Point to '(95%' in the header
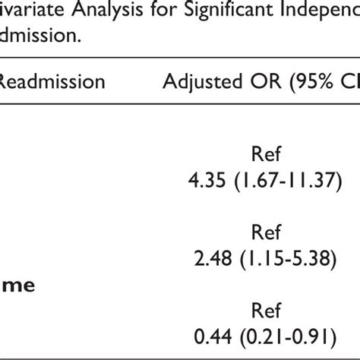304,81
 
